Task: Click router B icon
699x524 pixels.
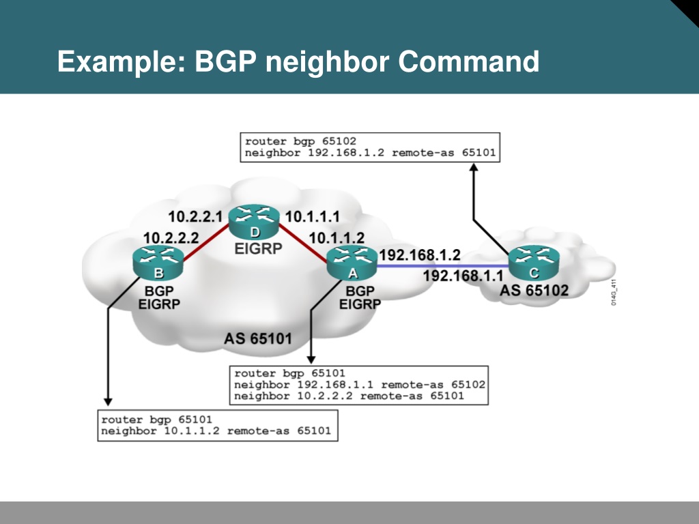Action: pos(158,263)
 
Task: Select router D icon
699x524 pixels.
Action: pos(254,222)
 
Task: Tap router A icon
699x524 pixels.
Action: pos(352,263)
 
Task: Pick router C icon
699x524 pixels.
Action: pos(534,263)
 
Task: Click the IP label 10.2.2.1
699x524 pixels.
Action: pos(195,216)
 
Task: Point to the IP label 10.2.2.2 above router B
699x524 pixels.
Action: pos(171,238)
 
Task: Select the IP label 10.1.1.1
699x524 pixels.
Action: pos(313,216)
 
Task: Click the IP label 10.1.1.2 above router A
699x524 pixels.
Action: pos(337,238)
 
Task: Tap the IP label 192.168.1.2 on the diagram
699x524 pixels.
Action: pos(420,255)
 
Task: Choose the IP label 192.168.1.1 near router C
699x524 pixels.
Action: pos(463,276)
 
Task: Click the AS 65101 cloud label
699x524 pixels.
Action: pos(257,338)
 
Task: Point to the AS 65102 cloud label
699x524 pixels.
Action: pos(534,291)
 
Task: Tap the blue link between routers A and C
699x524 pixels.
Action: pos(443,266)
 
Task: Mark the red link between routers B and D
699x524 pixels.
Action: pos(206,243)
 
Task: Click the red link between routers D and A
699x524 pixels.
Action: pos(302,243)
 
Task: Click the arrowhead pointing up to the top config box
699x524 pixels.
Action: pos(474,167)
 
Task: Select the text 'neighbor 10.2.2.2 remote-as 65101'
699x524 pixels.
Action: pos(349,396)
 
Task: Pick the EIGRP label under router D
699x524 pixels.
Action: pos(258,248)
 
